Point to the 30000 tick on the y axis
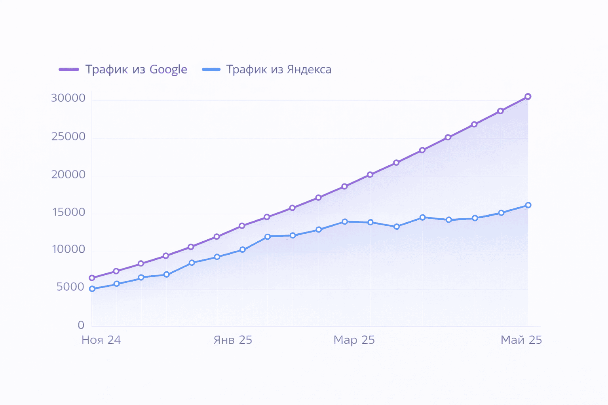tap(68, 98)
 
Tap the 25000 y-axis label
tap(68, 136)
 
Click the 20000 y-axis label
tap(68, 174)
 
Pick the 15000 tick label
tap(69, 212)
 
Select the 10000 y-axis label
tap(68, 250)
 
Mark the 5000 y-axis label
tap(70, 287)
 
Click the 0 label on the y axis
tap(81, 325)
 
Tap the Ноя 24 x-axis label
tap(101, 340)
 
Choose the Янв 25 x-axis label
tap(233, 340)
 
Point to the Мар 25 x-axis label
tap(354, 340)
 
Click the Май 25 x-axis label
tap(521, 340)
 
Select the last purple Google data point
tap(528, 97)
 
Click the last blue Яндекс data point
tap(528, 205)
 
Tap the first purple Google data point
tap(92, 278)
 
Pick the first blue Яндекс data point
tap(92, 289)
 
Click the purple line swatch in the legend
tap(69, 70)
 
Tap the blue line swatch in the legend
tap(211, 70)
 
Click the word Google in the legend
tap(168, 70)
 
